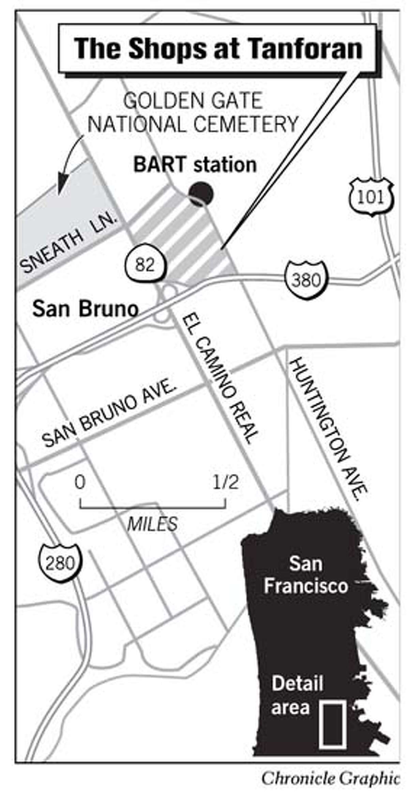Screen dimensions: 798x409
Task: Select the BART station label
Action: [195, 165]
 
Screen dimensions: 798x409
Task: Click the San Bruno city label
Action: [85, 309]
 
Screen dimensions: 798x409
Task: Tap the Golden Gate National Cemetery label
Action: [193, 113]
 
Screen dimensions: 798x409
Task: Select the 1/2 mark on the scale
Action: [225, 483]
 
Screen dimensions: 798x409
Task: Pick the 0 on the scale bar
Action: [80, 483]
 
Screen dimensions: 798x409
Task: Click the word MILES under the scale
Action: [152, 524]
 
